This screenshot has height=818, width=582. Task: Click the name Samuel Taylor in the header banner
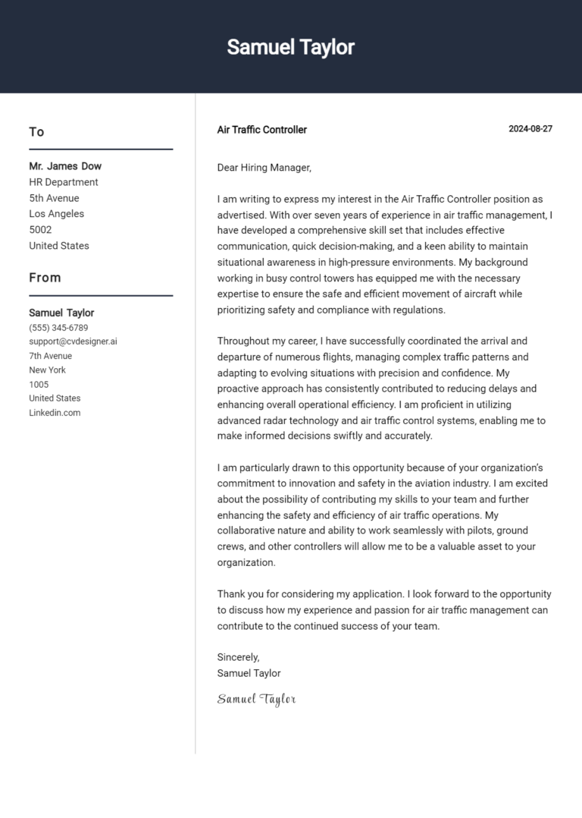click(x=290, y=47)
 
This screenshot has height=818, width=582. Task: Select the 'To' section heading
click(x=36, y=132)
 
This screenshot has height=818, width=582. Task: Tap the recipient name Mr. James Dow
click(x=65, y=166)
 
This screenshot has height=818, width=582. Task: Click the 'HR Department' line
click(x=64, y=182)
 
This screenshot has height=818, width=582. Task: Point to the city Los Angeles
click(x=57, y=214)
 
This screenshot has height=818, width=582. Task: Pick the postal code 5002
click(x=40, y=230)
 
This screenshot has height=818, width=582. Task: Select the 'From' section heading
click(x=45, y=278)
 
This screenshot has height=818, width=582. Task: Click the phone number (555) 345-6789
click(x=58, y=328)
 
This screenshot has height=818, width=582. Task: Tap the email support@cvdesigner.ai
click(x=73, y=341)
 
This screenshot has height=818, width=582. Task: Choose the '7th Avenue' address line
click(x=51, y=356)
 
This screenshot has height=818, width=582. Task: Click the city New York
click(x=47, y=370)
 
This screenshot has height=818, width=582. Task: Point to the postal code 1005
click(x=39, y=384)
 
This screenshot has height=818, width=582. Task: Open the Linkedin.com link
click(x=55, y=413)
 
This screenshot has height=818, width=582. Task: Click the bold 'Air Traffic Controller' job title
click(x=261, y=130)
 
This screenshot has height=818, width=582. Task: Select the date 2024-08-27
click(x=530, y=129)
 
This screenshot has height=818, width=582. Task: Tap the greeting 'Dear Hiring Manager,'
click(x=264, y=168)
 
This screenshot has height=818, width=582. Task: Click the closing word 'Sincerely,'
click(x=238, y=657)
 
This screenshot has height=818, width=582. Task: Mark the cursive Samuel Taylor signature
click(x=256, y=699)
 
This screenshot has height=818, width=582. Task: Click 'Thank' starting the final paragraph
click(x=230, y=594)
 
